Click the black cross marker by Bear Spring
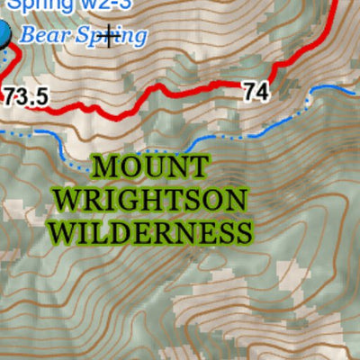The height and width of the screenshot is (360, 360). coord(110,37)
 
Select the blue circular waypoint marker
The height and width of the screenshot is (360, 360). coord(3,36)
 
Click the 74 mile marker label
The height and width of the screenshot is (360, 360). coord(255,91)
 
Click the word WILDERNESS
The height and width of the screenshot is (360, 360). coord(149,233)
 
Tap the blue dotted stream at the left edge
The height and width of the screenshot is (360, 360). coord(4,132)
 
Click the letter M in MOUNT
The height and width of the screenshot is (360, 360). coord(103,167)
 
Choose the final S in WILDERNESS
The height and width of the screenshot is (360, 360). coord(240,233)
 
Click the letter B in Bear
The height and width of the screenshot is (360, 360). coord(27,36)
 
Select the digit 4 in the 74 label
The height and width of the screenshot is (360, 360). coord(262,91)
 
